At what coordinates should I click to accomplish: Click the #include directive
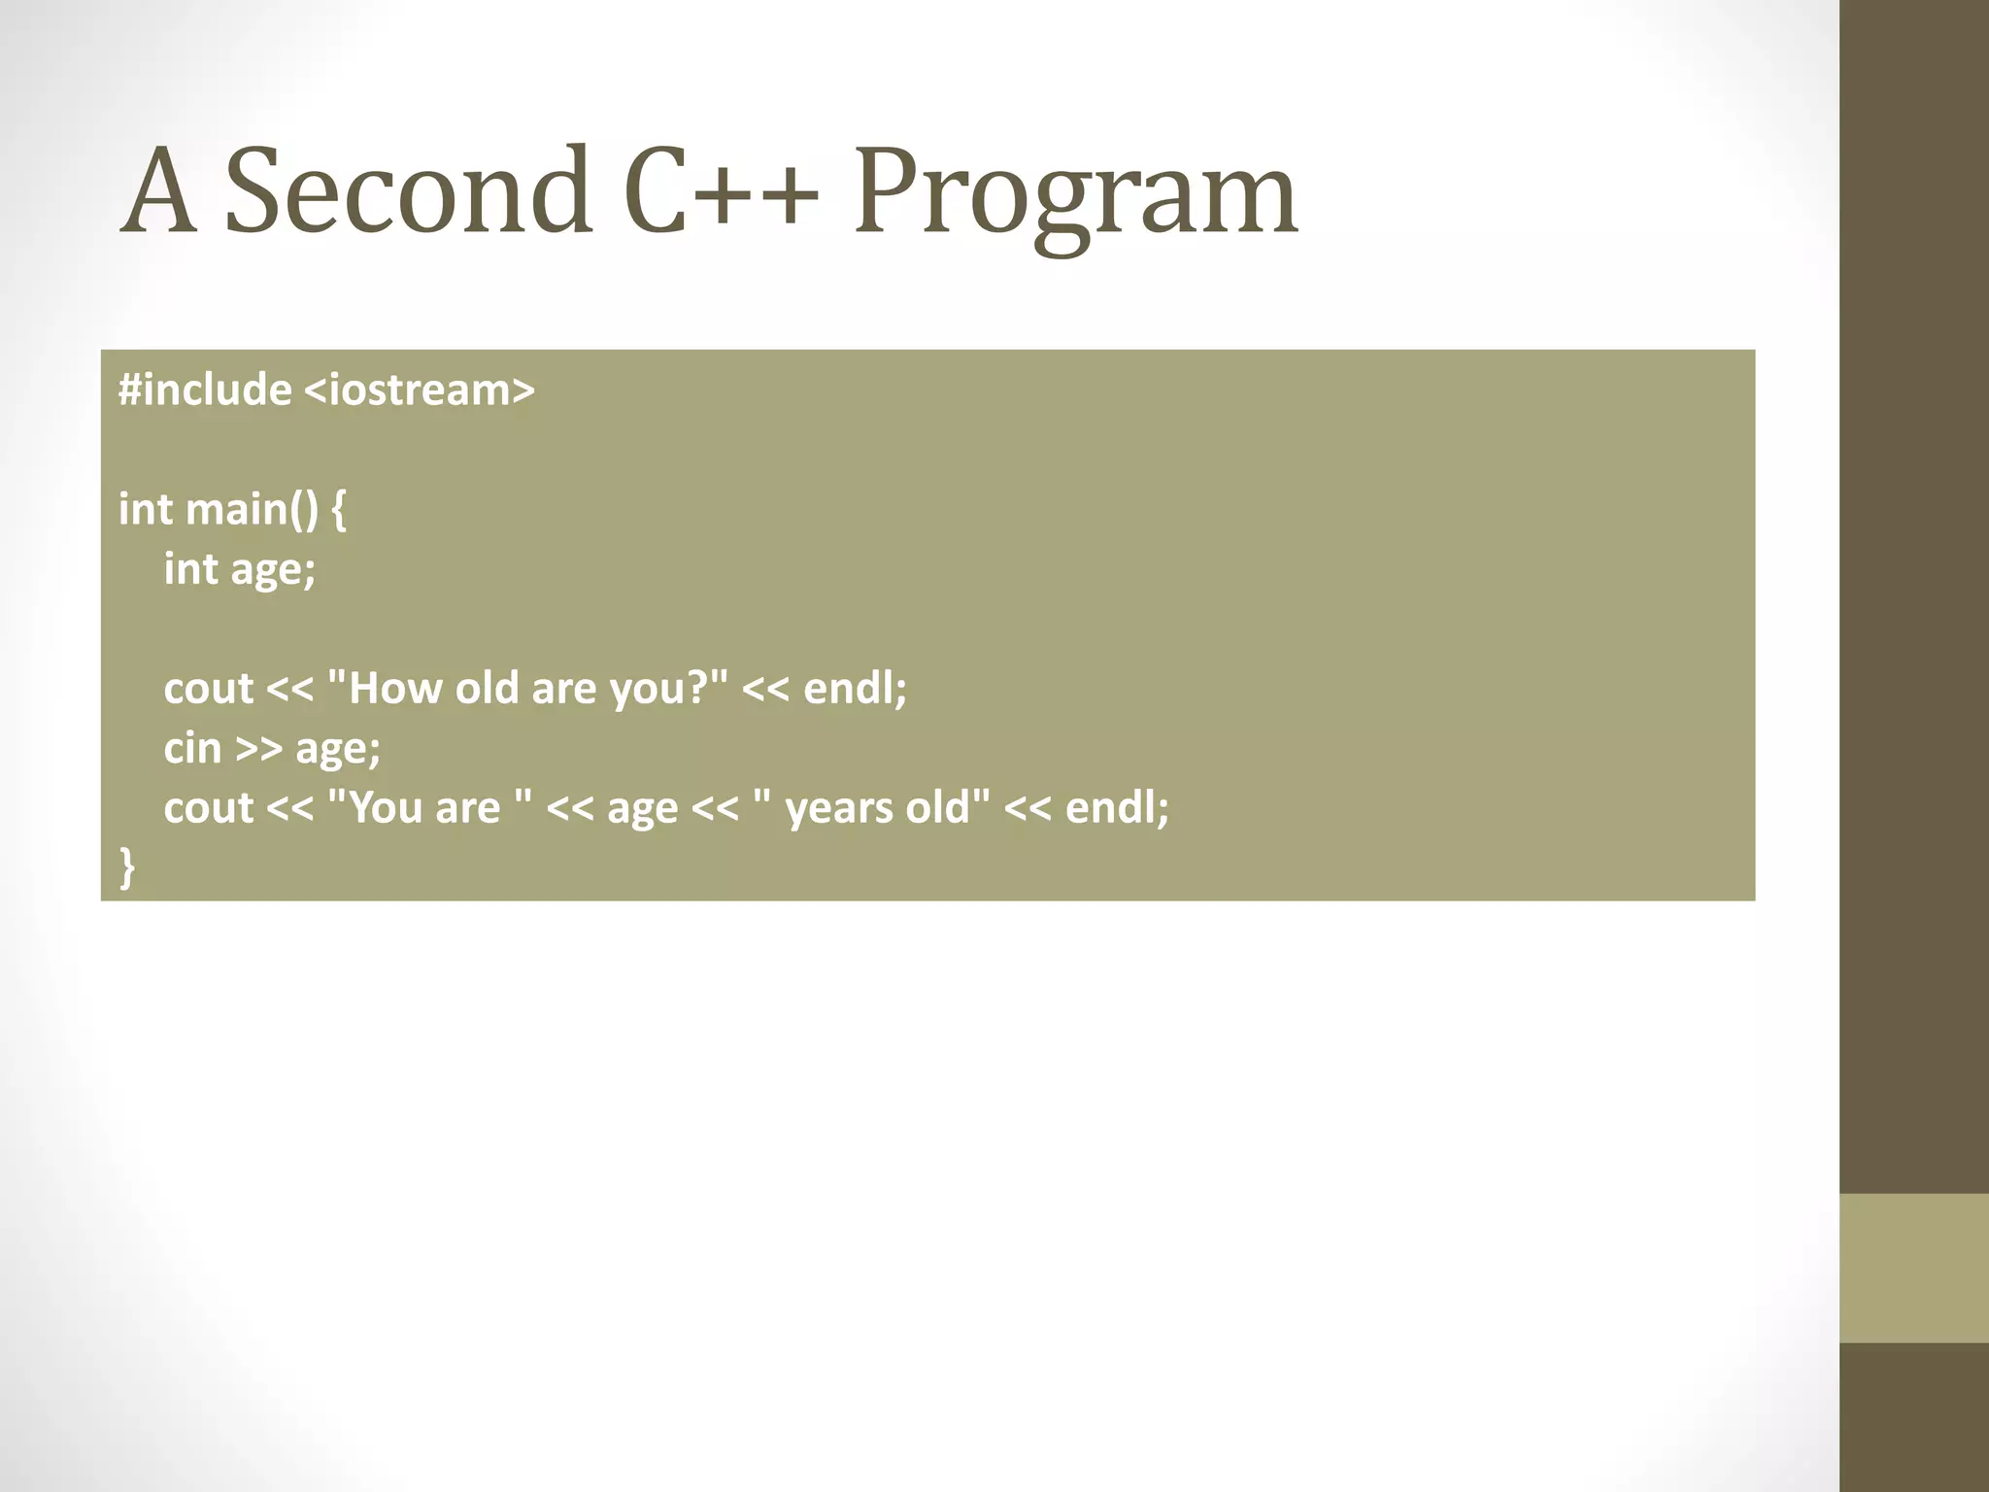[x=205, y=390]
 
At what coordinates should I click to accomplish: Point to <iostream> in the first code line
[x=420, y=390]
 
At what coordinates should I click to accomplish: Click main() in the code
[x=252, y=509]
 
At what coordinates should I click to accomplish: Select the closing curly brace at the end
[x=127, y=867]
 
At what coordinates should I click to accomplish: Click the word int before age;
[x=190, y=569]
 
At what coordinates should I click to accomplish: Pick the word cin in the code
[x=192, y=749]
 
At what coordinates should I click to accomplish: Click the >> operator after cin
[x=259, y=749]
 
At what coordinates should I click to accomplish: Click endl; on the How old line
[x=855, y=688]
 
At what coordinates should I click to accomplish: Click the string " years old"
[x=871, y=807]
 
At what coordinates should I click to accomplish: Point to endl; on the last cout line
[x=1117, y=807]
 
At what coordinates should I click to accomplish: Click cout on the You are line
[x=208, y=808]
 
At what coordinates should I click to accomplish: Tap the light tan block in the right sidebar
[x=1913, y=1268]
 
